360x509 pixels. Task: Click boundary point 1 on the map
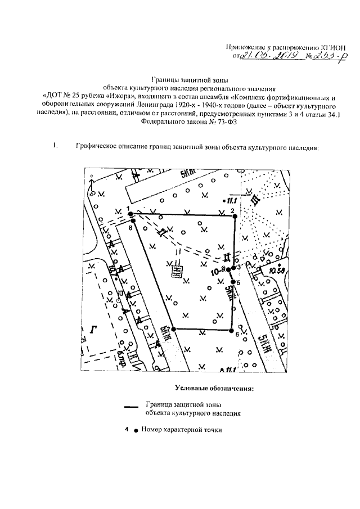pyautogui.click(x=129, y=213)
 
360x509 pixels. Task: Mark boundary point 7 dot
pyautogui.click(x=173, y=329)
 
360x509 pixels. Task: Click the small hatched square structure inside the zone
pyautogui.click(x=178, y=272)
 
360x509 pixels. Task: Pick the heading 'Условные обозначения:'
pyautogui.click(x=214, y=388)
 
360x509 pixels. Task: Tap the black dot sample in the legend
pyautogui.click(x=136, y=430)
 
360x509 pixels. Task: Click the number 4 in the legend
pyautogui.click(x=128, y=430)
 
